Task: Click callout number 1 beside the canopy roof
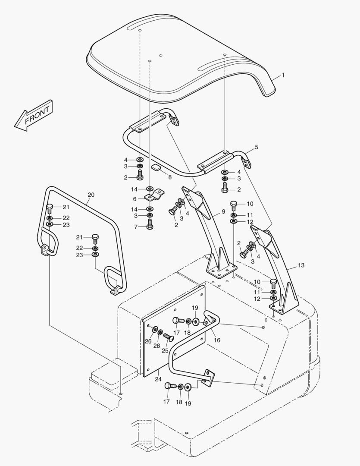coord(283,75)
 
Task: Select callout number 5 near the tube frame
coord(256,147)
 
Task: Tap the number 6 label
coord(135,199)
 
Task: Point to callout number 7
coord(135,227)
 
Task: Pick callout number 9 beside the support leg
coord(223,211)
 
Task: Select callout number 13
coord(301,265)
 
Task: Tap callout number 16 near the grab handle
coord(217,340)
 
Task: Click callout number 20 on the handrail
coord(91,195)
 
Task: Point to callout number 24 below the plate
coord(158,379)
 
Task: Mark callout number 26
coord(148,341)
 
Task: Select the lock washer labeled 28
coord(160,333)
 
